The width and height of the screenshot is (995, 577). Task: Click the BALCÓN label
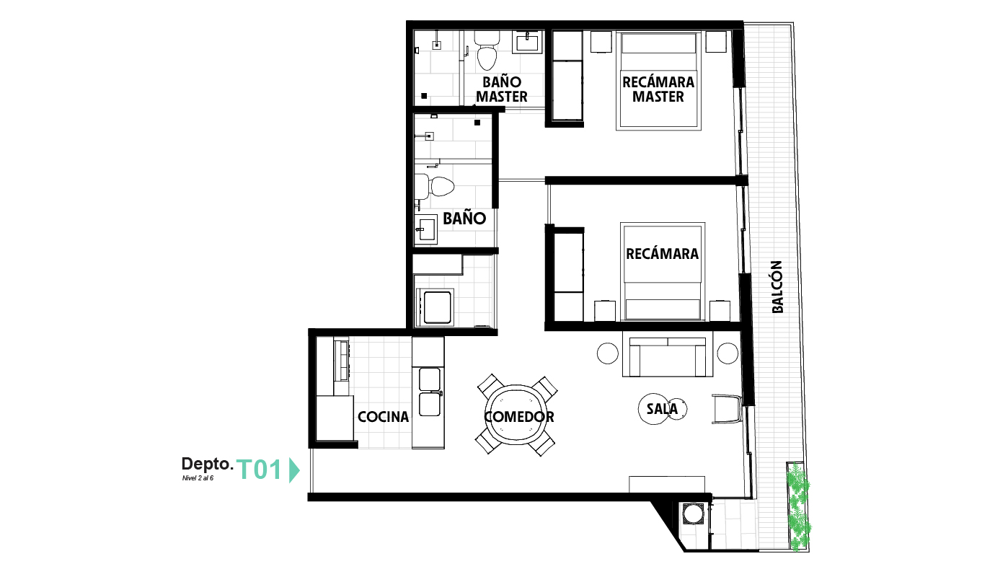coord(777,287)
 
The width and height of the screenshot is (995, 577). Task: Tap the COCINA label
coord(384,417)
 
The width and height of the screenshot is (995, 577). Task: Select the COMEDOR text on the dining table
coord(519,417)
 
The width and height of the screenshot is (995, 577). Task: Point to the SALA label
coord(662,409)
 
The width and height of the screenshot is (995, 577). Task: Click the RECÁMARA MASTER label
coord(658,89)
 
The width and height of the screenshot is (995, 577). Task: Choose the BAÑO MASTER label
coord(502,89)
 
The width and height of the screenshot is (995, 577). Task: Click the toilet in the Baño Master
coord(487,50)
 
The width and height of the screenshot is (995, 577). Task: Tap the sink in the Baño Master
coord(527,43)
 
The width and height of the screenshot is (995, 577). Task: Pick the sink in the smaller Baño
coord(426,229)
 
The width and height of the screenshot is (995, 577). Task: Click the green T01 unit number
coord(260,470)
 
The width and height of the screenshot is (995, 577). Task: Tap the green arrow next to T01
coord(294,470)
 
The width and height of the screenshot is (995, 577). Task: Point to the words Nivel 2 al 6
coord(198,478)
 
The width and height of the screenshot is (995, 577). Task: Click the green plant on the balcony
coord(799,506)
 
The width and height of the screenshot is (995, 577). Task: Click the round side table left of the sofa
coord(607,353)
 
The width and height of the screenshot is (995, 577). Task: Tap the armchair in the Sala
coord(728,409)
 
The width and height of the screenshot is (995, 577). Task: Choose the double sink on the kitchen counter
coord(430,392)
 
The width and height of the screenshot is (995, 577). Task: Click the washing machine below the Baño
coord(435,307)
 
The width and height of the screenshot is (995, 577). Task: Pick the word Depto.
coord(208,464)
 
